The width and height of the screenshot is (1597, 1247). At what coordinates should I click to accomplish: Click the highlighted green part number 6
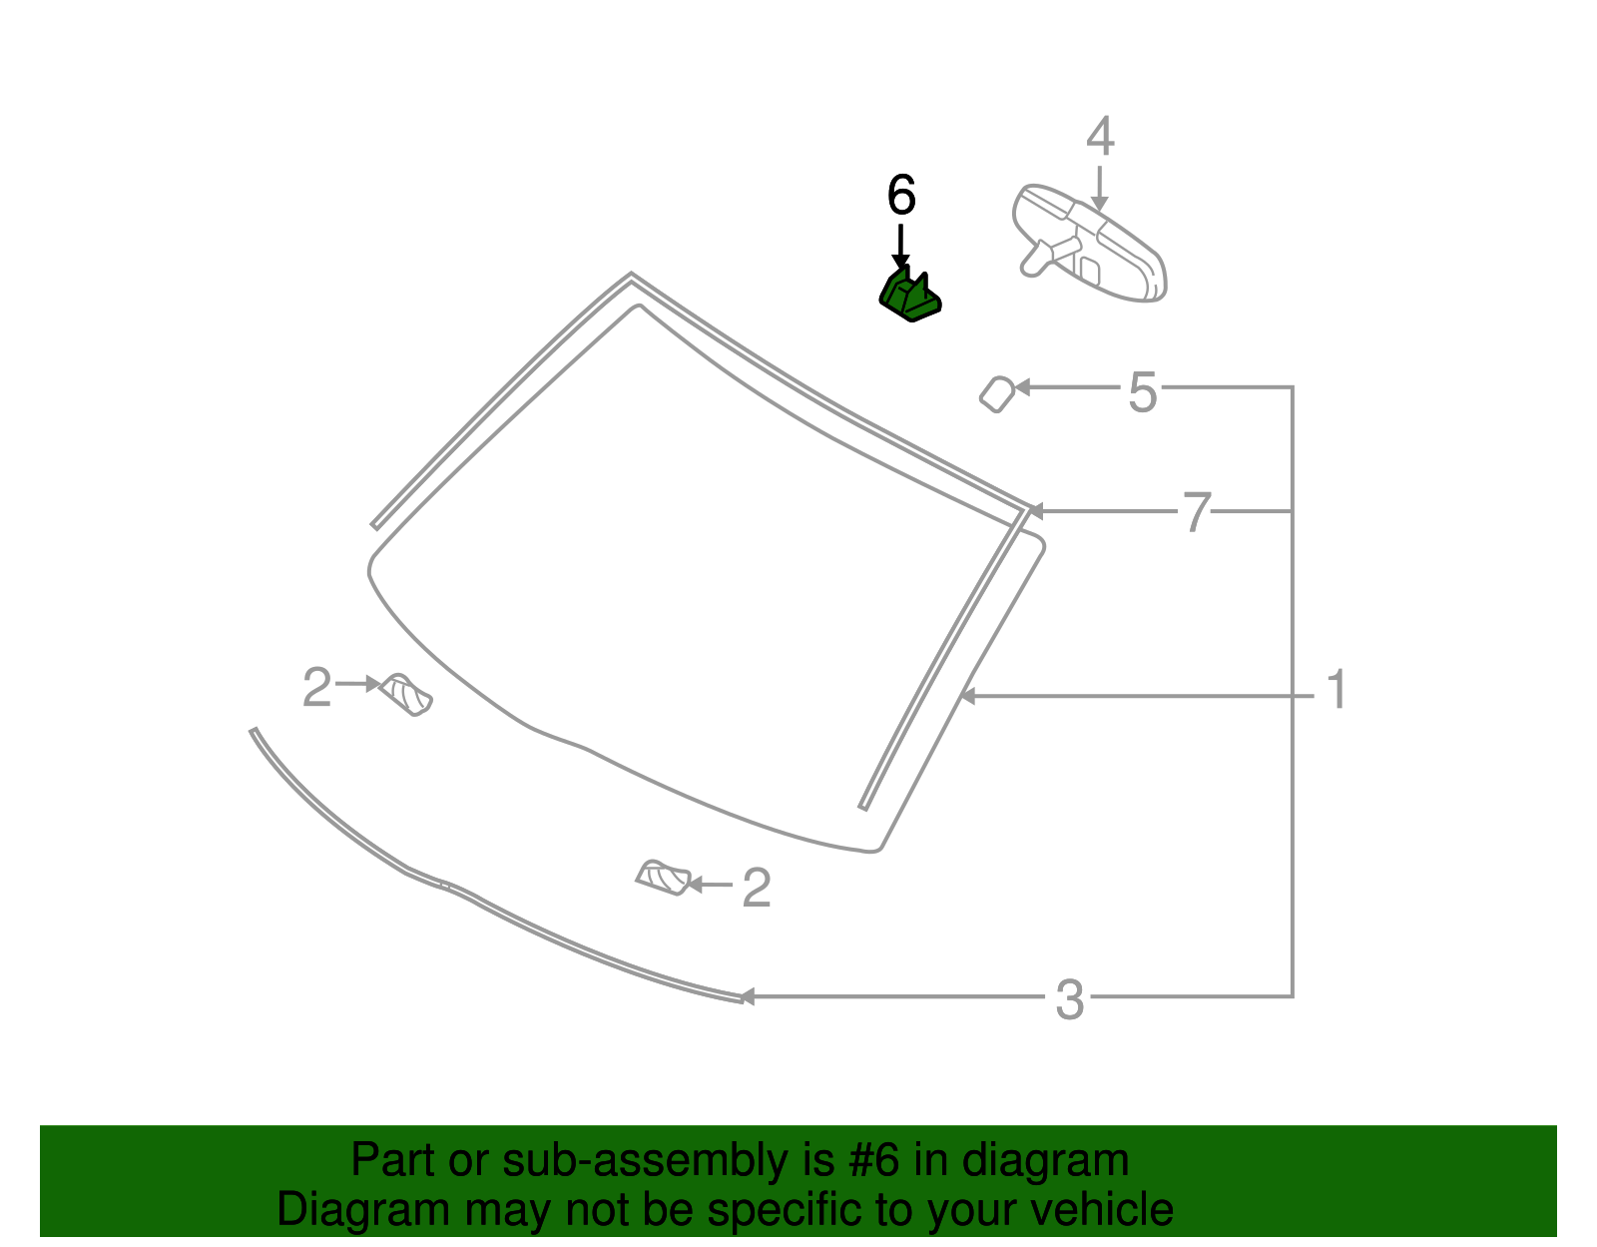click(910, 296)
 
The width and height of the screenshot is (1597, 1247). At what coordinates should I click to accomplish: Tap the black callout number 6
click(900, 196)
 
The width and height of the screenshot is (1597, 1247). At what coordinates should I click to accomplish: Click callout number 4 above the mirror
click(1099, 137)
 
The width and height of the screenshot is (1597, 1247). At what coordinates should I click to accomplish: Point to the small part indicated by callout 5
click(996, 393)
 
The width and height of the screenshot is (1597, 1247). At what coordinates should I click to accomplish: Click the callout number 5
click(1143, 391)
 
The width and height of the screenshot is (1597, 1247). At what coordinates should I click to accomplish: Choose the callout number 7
click(1196, 512)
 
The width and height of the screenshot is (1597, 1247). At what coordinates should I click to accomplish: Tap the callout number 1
click(1336, 691)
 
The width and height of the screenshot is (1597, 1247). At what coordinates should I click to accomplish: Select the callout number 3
click(1069, 999)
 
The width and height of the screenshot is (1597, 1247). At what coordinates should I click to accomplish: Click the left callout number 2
click(316, 688)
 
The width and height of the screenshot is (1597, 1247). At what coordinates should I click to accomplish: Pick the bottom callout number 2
click(756, 888)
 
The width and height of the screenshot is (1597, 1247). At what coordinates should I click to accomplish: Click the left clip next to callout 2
click(407, 694)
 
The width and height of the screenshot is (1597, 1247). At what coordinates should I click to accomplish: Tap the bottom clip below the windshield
click(664, 878)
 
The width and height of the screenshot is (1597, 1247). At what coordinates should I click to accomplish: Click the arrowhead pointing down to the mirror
click(1099, 204)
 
